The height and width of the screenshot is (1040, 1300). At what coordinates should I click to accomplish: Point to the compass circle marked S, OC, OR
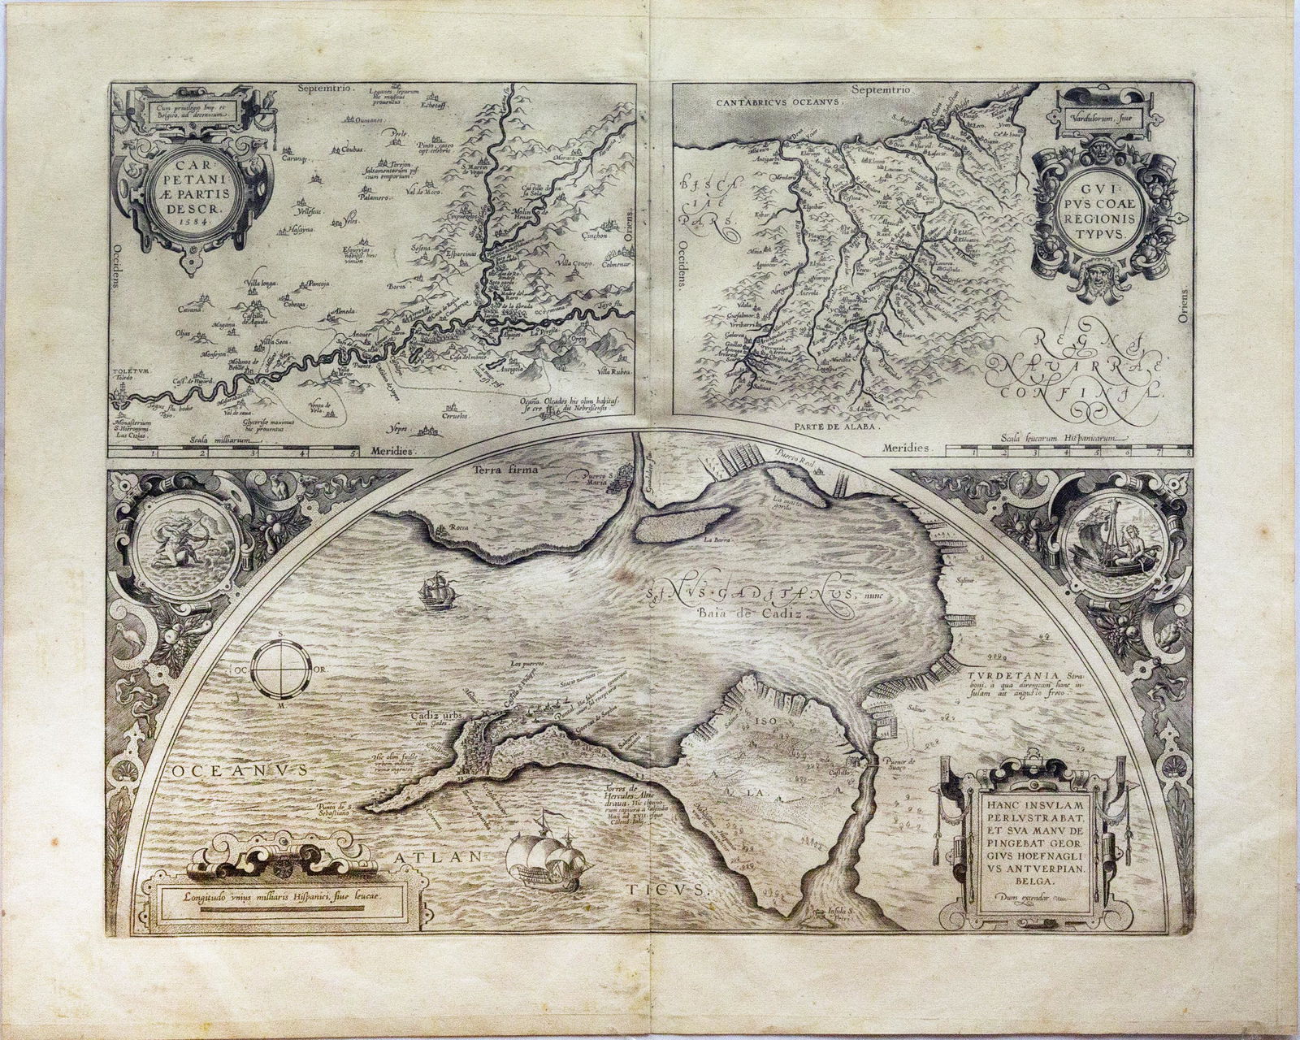281,670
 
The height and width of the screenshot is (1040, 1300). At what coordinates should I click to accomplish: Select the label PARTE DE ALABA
842,423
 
